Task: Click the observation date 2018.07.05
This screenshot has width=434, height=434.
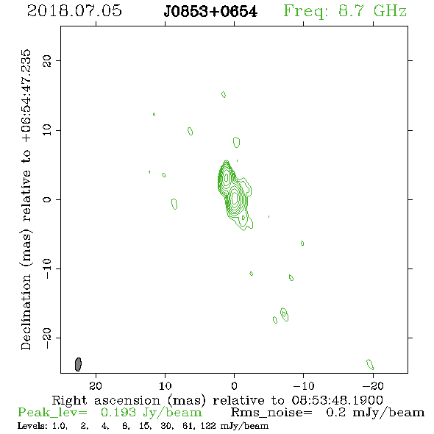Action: click(74, 11)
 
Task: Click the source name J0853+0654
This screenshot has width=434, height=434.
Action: click(210, 12)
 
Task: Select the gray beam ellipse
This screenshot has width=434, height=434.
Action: click(78, 364)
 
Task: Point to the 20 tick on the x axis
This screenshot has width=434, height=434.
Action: click(96, 385)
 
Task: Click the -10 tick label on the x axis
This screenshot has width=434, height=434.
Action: click(304, 385)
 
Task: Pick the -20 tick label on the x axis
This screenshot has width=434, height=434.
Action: click(373, 385)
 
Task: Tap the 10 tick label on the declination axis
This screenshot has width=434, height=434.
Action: click(47, 129)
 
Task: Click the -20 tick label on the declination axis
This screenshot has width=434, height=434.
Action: click(47, 338)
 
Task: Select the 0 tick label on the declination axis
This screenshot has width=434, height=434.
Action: click(47, 199)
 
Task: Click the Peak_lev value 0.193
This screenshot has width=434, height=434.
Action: click(118, 413)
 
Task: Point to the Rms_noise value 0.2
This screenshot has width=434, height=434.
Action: click(336, 413)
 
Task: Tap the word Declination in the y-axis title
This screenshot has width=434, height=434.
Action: click(26, 312)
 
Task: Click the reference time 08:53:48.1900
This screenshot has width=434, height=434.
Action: click(338, 400)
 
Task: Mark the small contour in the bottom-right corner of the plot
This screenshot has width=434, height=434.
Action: click(370, 364)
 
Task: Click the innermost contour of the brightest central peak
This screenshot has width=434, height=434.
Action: click(235, 198)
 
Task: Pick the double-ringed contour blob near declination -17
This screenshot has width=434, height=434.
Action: click(284, 314)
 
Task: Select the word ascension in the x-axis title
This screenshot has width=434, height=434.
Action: click(127, 400)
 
